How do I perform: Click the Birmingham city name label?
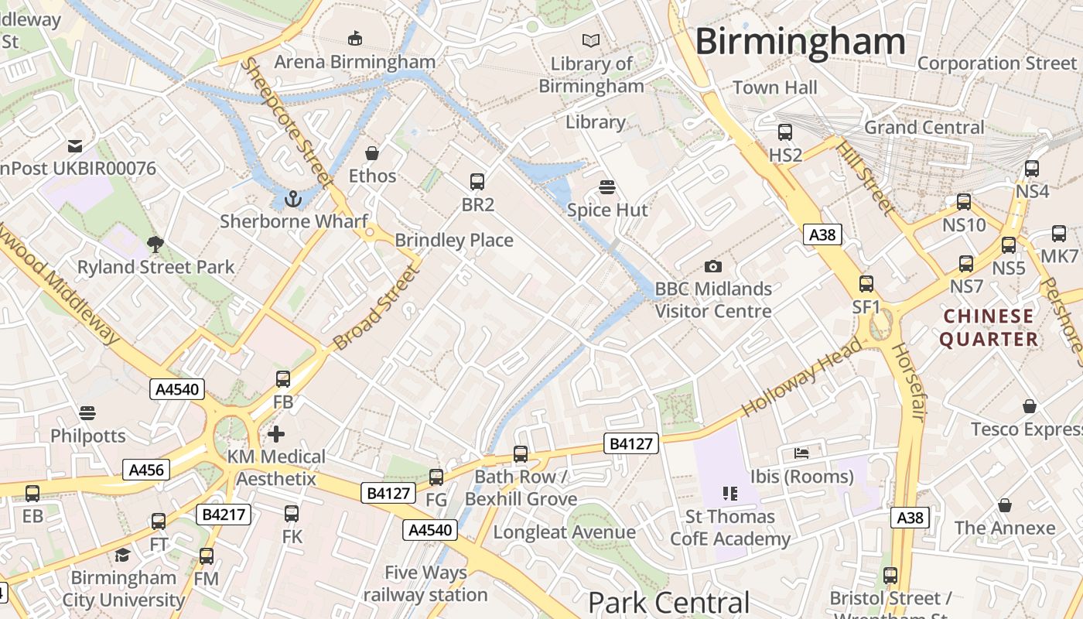(800, 41)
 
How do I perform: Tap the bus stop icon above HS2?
(785, 132)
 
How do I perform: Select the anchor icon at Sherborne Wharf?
(292, 200)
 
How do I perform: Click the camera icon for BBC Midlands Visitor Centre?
(713, 267)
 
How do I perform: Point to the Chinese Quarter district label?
(989, 327)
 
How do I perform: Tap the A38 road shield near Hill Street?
(822, 234)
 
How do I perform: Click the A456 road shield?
(145, 469)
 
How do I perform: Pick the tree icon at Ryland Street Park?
(155, 245)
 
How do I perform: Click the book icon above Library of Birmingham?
(591, 40)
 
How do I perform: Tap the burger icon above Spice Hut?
(607, 187)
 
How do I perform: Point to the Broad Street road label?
(375, 307)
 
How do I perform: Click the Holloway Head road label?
(801, 378)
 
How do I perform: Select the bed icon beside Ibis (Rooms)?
(801, 453)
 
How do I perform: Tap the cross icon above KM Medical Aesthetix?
(276, 434)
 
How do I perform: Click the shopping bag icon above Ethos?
(372, 153)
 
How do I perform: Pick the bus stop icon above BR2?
(477, 183)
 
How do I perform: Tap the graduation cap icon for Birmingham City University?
(123, 555)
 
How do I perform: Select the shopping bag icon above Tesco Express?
(1030, 406)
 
